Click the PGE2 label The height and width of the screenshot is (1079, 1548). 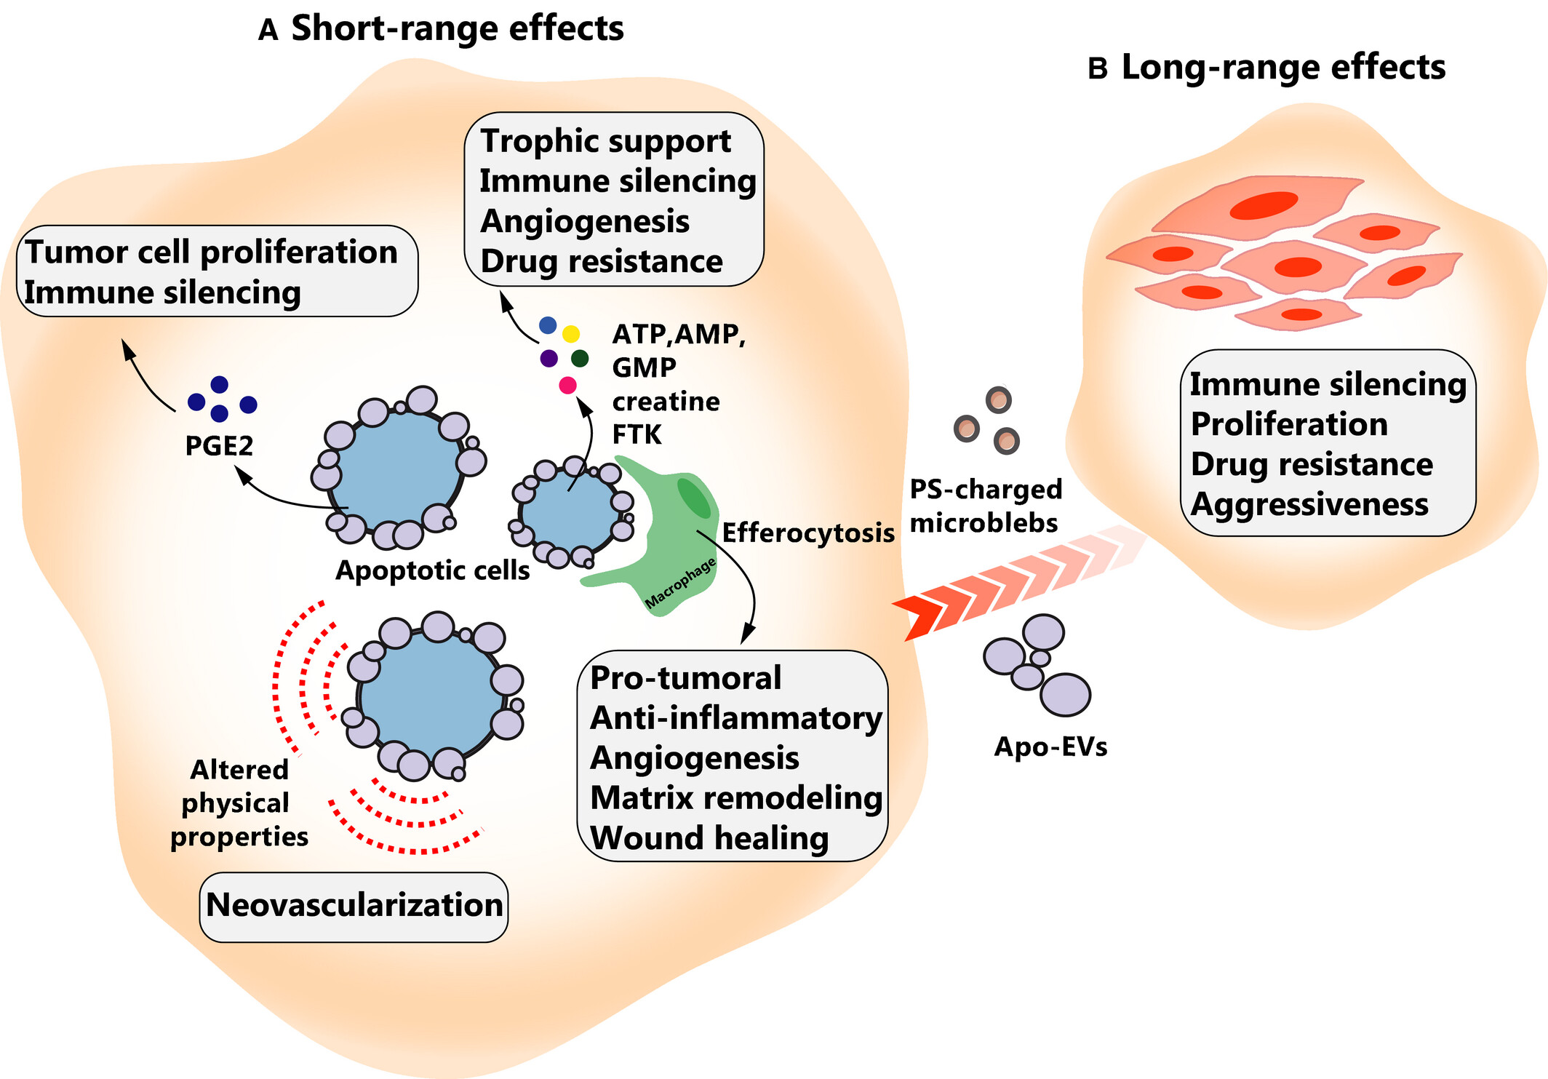pyautogui.click(x=219, y=445)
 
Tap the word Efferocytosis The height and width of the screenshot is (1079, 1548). pyautogui.click(x=807, y=533)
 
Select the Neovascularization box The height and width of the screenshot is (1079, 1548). pyautogui.click(x=354, y=906)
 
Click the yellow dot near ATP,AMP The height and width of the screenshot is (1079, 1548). pyautogui.click(x=571, y=334)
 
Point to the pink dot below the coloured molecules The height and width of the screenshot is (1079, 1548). pyautogui.click(x=567, y=386)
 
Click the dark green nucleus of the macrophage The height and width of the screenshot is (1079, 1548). pyautogui.click(x=693, y=498)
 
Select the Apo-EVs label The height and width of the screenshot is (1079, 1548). pyautogui.click(x=1050, y=746)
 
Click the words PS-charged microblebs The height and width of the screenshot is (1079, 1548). pyautogui.click(x=986, y=506)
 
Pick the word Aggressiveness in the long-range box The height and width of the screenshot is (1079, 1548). pyautogui.click(x=1309, y=504)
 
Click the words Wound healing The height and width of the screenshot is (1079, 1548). pyautogui.click(x=709, y=838)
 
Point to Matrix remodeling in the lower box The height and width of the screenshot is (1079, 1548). pyautogui.click(x=736, y=798)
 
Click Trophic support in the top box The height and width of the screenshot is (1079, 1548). pyautogui.click(x=606, y=141)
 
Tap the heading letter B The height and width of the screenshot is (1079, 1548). pyautogui.click(x=1097, y=69)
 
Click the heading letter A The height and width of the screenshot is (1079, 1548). pyautogui.click(x=268, y=31)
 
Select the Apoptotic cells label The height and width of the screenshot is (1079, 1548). pyautogui.click(x=432, y=570)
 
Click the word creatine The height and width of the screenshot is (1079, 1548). pyautogui.click(x=666, y=402)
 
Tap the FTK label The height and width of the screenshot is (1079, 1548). pyautogui.click(x=637, y=434)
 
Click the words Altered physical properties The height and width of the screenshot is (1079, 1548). pyautogui.click(x=239, y=803)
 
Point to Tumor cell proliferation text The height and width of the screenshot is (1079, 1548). pyautogui.click(x=211, y=252)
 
